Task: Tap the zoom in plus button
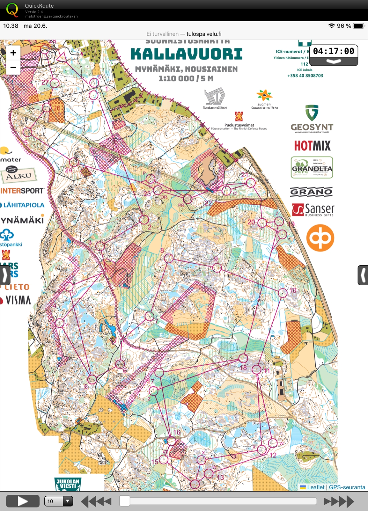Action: click(x=13, y=53)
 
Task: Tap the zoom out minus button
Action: click(x=13, y=68)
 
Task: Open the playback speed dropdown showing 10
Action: click(x=58, y=501)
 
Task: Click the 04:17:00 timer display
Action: click(x=334, y=51)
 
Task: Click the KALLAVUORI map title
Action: click(x=187, y=54)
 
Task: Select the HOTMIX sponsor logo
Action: click(x=312, y=146)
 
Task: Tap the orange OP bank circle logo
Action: click(x=320, y=238)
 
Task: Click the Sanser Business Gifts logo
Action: click(x=313, y=210)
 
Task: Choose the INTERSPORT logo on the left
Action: click(x=22, y=191)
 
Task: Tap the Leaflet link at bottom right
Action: click(x=315, y=487)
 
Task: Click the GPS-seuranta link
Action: click(x=347, y=487)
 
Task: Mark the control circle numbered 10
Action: click(x=283, y=293)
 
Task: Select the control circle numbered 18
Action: click(x=243, y=358)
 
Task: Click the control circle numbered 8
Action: click(x=168, y=258)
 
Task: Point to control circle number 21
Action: click(x=251, y=183)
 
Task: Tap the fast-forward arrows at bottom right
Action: click(x=339, y=501)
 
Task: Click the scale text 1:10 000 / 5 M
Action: click(x=186, y=78)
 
